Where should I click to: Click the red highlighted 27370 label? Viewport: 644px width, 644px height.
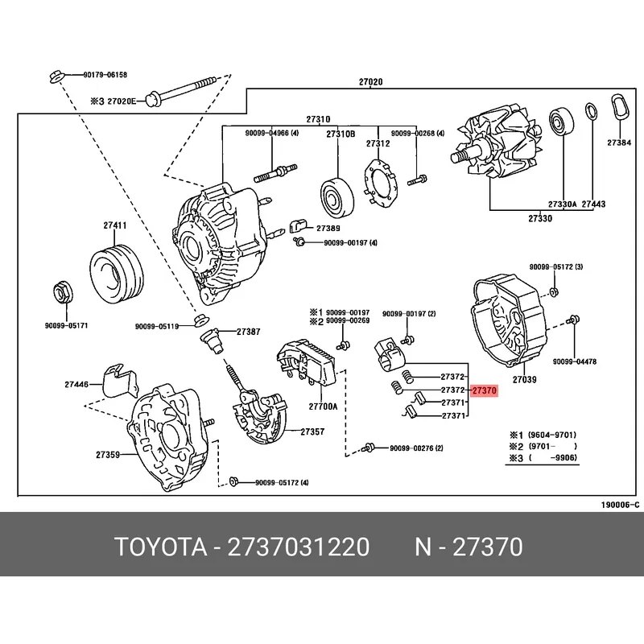[x=485, y=390]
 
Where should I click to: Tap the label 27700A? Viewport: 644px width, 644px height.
[x=324, y=407]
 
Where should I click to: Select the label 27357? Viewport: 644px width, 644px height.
[x=312, y=431]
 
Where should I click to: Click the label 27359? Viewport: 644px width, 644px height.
[x=107, y=455]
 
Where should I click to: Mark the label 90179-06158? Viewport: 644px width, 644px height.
[x=105, y=75]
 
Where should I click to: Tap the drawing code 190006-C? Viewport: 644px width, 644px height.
[x=619, y=506]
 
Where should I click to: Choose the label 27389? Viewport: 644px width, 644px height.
[x=328, y=229]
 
